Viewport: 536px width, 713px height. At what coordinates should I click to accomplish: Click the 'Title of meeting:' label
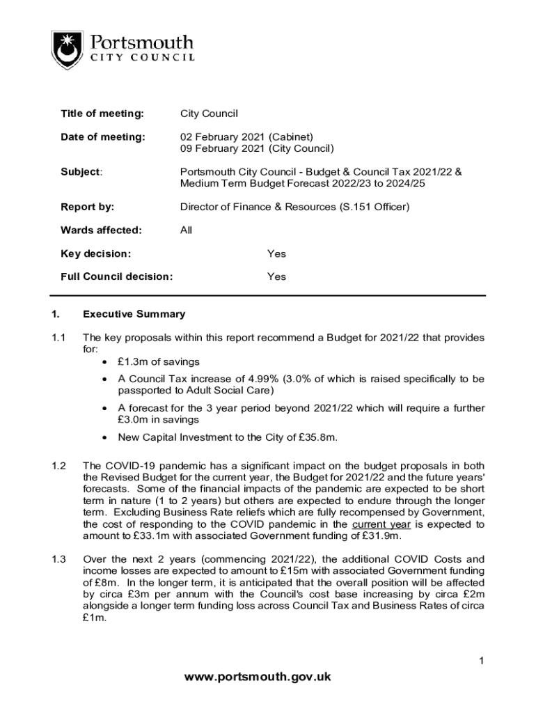[x=102, y=113]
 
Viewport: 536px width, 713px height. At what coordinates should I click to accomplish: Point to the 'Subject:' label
[x=81, y=172]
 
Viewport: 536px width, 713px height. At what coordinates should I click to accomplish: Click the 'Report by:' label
[x=88, y=207]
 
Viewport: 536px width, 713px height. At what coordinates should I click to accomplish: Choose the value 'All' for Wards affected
[x=186, y=230]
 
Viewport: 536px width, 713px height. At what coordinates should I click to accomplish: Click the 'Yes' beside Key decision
[x=276, y=253]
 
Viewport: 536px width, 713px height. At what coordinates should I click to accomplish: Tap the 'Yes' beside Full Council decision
[x=276, y=276]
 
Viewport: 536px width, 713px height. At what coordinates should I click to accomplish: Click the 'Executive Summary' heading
[x=134, y=314]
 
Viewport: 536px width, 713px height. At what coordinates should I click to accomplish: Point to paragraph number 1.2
[x=58, y=465]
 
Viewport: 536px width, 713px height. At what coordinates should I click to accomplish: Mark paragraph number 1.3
[x=58, y=558]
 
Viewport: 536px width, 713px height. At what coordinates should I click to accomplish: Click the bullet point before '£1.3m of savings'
[x=104, y=361]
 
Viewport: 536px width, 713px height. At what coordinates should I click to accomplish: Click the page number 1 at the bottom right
[x=480, y=661]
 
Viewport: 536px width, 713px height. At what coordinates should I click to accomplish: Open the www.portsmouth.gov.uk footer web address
[x=268, y=676]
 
